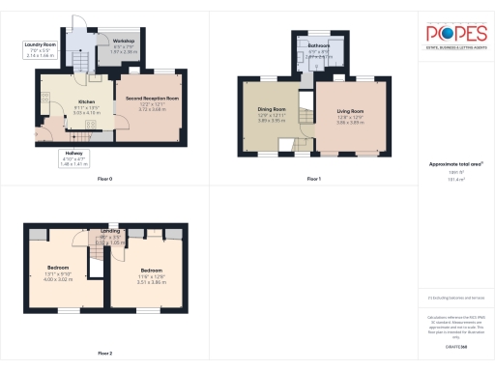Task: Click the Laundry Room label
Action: [x=39, y=43]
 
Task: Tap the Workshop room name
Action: [x=124, y=41]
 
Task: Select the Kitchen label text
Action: [x=87, y=100]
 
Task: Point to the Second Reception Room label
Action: [x=153, y=98]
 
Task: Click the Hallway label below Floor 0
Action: [x=74, y=154]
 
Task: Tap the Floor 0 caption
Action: [x=105, y=180]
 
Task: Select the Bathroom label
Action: [x=320, y=45]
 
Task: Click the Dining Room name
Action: [x=272, y=109]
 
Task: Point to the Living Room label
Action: [x=350, y=109]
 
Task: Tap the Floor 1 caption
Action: [x=313, y=180]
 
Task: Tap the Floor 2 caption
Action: [x=105, y=354]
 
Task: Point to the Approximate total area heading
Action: [x=454, y=164]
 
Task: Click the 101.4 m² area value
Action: [x=455, y=180]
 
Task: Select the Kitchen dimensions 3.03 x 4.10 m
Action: [x=87, y=112]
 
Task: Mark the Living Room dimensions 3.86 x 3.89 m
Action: [x=350, y=122]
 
